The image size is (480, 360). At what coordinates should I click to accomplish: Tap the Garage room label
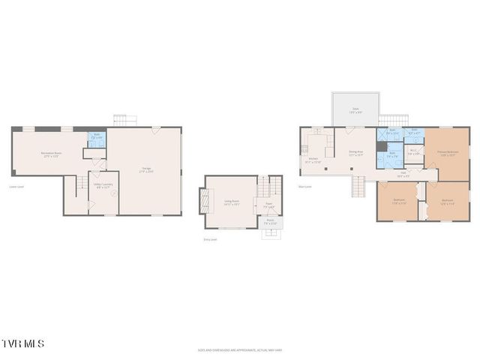click(x=147, y=169)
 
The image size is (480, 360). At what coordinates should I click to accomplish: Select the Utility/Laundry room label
click(x=103, y=184)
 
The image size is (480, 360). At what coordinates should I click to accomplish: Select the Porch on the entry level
click(x=271, y=223)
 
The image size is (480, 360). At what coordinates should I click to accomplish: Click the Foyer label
click(x=268, y=204)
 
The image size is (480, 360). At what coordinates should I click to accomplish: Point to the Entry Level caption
click(x=211, y=239)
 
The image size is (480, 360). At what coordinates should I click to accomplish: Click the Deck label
click(x=355, y=109)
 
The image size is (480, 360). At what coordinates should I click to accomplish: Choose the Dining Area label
click(x=355, y=154)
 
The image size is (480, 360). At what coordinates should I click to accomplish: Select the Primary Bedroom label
click(x=448, y=153)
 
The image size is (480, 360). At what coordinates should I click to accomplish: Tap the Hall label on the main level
click(x=403, y=174)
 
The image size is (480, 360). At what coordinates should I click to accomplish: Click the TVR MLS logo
click(x=22, y=343)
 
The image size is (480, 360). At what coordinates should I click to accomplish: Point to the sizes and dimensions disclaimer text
click(x=239, y=349)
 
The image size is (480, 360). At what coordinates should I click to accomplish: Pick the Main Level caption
click(x=305, y=187)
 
